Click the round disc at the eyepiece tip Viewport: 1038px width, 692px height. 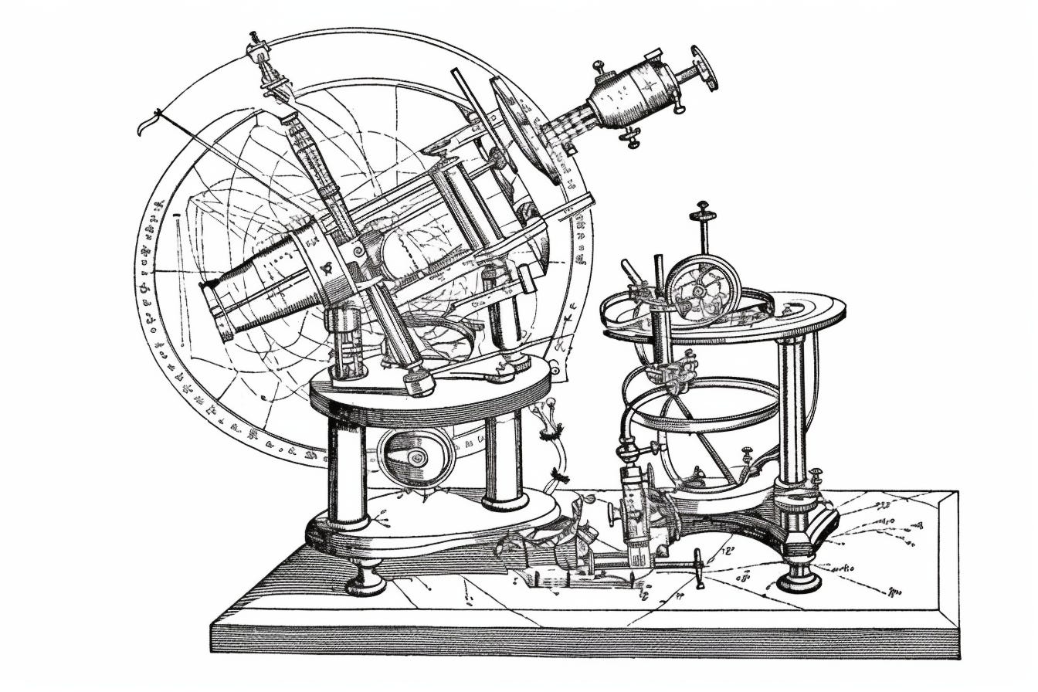tap(704, 68)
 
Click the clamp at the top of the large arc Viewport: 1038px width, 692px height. tap(259, 53)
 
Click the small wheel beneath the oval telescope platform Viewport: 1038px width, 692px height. tap(417, 457)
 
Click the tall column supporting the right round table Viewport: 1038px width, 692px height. tap(792, 409)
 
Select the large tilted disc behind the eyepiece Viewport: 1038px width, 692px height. tap(525, 127)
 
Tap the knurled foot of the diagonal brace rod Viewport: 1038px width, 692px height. tap(419, 380)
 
